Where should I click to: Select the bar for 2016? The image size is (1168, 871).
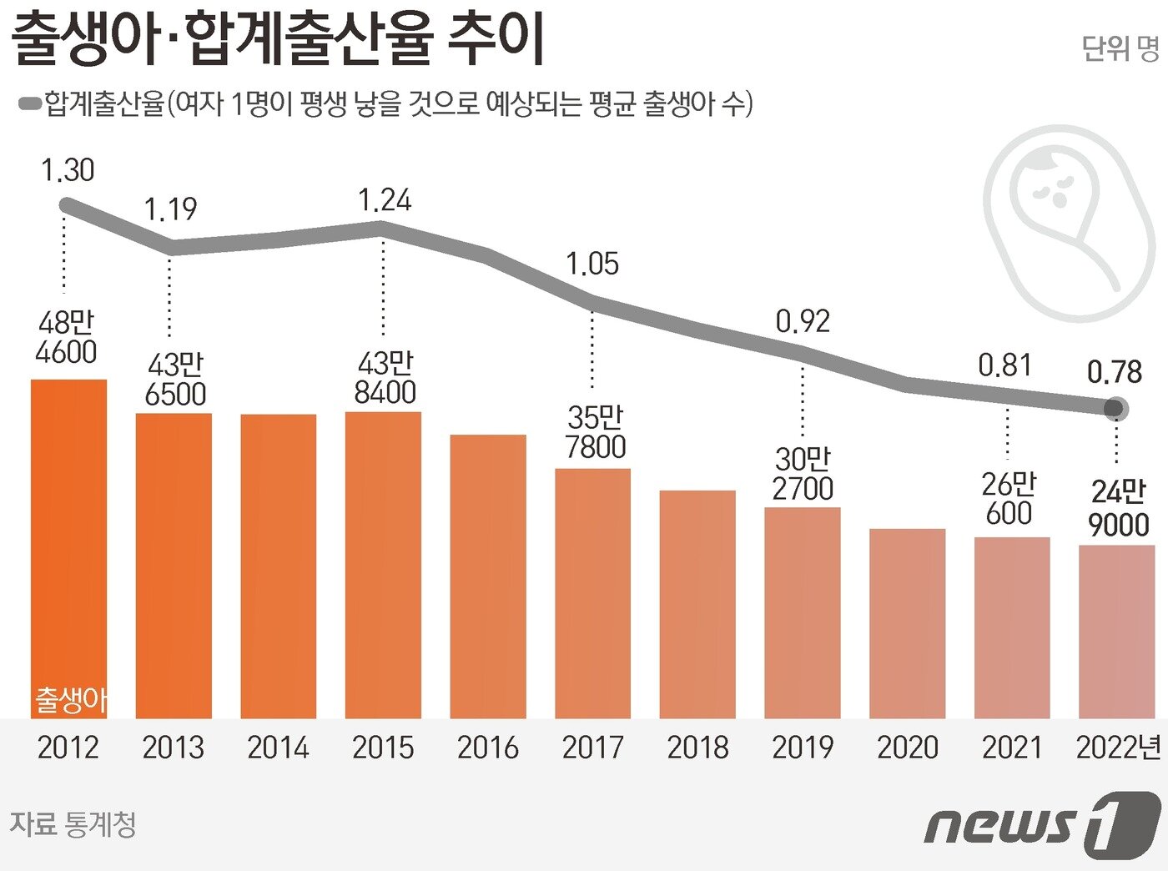coord(488,576)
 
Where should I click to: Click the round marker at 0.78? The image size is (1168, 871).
coord(1114,409)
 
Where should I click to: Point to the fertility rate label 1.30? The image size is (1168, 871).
coord(68,170)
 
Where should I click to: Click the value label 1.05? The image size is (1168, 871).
coord(592,264)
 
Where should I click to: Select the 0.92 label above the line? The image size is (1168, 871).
coord(803,321)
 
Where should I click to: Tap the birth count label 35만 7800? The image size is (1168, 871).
coord(595,432)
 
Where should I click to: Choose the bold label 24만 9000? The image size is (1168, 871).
coord(1118,508)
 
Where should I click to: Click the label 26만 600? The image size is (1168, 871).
coord(1009,499)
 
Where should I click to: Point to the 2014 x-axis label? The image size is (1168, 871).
coord(278,748)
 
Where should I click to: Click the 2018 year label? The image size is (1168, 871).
coord(697,748)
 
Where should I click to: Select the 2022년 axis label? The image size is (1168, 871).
coord(1118,748)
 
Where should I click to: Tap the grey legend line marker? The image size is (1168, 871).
coord(30,103)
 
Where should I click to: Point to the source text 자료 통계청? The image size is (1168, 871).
coord(73,824)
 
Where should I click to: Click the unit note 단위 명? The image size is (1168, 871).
coord(1120,48)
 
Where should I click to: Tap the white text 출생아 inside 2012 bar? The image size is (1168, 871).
coord(70,699)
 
